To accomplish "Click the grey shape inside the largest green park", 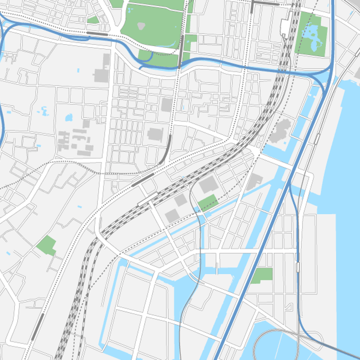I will click(141, 26).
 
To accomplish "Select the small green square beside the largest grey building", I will click(208, 203).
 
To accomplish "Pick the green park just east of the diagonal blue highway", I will click(262, 275).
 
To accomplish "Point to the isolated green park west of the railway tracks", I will click(46, 245).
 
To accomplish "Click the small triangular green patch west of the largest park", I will click(93, 20).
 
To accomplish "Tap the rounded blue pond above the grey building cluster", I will click(68, 118).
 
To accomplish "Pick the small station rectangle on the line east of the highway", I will click(298, 267).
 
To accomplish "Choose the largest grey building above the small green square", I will click(208, 184).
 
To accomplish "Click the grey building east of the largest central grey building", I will click(254, 181).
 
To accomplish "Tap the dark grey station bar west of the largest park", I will click(98, 34).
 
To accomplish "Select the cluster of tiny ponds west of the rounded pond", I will click(45, 110).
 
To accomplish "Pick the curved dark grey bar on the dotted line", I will click(166, 151).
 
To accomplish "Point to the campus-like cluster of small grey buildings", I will click(76, 139).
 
